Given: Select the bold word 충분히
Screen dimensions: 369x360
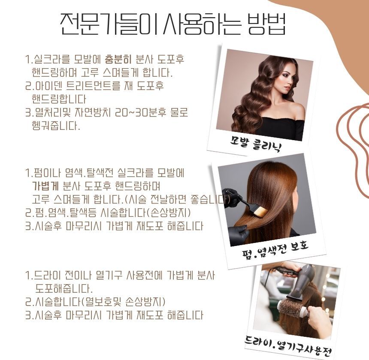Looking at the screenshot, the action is tap(118, 59).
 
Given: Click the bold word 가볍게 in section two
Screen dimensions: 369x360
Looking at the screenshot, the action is tap(45, 186).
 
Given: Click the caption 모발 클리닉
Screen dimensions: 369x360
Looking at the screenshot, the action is tap(255, 143).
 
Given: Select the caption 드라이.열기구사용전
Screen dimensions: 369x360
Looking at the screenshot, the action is tap(289, 345).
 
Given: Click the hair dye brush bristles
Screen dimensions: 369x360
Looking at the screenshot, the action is tap(260, 212).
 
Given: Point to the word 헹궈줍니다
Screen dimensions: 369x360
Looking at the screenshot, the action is tap(56, 126).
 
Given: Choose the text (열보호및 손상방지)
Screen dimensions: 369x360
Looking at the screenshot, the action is tap(123, 302).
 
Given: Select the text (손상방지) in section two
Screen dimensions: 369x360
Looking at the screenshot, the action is tap(169, 213).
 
